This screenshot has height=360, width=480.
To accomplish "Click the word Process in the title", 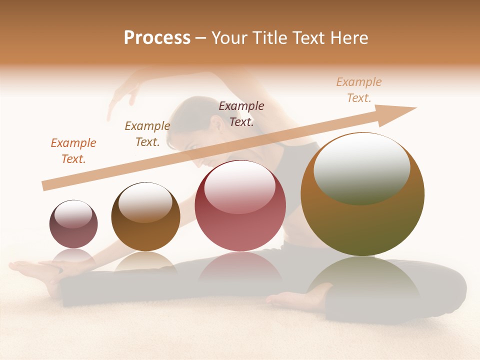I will click(x=157, y=38).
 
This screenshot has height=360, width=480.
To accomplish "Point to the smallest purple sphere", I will click(x=73, y=224).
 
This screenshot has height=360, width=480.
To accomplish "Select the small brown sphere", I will click(x=145, y=216).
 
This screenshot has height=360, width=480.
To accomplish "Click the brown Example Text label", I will click(x=147, y=134).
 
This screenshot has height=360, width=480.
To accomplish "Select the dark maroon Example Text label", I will click(x=241, y=113).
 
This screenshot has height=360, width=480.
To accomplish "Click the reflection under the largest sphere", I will click(x=362, y=280).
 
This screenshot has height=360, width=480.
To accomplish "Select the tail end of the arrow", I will click(x=46, y=185).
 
